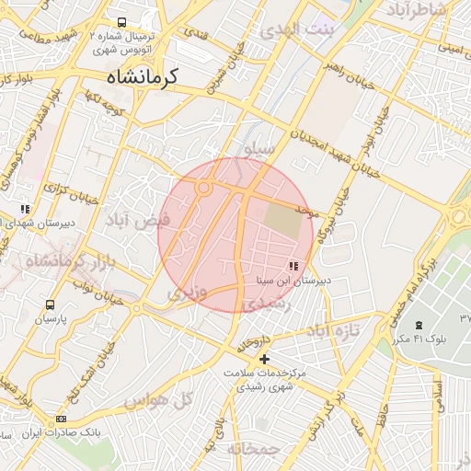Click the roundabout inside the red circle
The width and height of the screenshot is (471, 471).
pos(203,189)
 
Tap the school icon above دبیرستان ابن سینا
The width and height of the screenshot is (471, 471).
pos(293,266)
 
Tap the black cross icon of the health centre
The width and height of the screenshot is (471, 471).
pos(265,359)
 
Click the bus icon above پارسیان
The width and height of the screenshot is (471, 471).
pos(49,304)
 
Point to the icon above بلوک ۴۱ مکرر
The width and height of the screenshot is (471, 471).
pos(419,326)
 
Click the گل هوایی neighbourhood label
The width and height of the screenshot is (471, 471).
pos(156,401)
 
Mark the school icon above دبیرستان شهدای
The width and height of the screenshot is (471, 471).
pos(24,210)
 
